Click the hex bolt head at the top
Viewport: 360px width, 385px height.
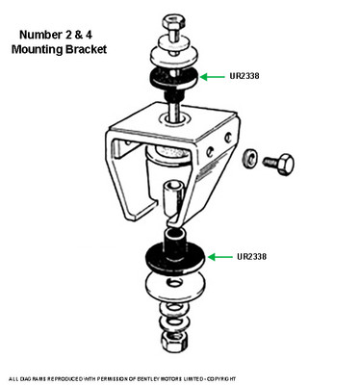coord(171,23)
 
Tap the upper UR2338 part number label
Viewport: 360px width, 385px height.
coord(244,76)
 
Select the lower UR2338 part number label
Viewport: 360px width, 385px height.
coord(251,257)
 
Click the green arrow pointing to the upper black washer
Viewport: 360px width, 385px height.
coord(212,77)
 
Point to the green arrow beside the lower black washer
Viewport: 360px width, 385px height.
coord(219,257)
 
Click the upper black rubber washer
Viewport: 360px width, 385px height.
coord(173,79)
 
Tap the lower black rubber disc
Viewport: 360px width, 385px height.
coord(175,259)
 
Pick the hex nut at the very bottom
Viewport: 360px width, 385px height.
coord(174,341)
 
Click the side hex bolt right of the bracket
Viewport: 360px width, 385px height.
coord(278,164)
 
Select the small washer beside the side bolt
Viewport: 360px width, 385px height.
coord(249,158)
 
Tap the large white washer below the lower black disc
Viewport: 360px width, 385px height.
coord(175,286)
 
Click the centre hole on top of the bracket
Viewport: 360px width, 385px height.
coord(173,119)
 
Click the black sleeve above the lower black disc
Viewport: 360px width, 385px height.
coord(176,243)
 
